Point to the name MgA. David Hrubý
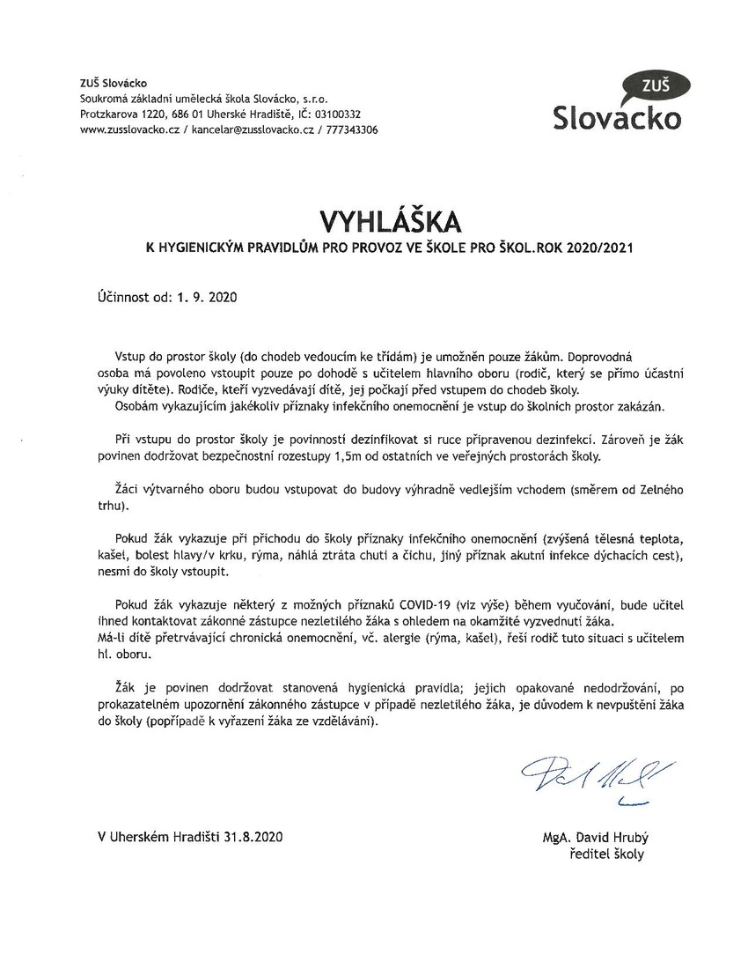[593, 839]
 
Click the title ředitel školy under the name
[607, 854]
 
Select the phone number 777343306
[353, 129]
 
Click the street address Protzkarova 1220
[122, 115]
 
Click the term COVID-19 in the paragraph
[429, 603]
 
